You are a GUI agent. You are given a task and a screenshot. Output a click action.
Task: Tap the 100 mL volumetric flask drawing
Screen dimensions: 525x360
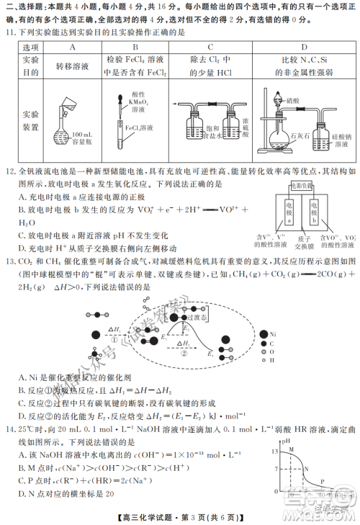point(68,119)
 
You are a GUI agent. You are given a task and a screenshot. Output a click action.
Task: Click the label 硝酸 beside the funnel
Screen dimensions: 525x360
point(292,102)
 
